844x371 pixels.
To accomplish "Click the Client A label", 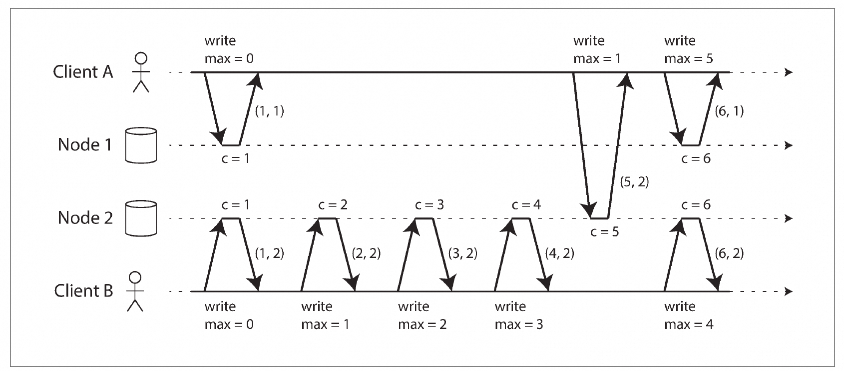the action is [x=83, y=71].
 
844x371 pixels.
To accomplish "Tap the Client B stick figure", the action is [x=135, y=291].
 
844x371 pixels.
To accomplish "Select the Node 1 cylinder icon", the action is [x=141, y=145].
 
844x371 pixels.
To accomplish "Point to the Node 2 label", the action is [x=85, y=218].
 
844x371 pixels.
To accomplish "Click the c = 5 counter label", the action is [x=604, y=231].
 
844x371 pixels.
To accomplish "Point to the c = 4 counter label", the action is [x=526, y=204].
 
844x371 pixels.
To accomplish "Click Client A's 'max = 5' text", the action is [x=688, y=58].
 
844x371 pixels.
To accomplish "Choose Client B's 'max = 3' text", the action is [x=519, y=324].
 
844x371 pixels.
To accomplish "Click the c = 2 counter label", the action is [x=333, y=204].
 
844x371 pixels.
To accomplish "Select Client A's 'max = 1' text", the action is [x=597, y=58].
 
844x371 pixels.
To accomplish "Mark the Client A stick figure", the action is [x=141, y=72].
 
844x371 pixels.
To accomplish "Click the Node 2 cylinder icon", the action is [x=141, y=218].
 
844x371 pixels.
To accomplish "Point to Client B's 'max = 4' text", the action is [x=688, y=324].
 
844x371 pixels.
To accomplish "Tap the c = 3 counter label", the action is [x=429, y=204].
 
